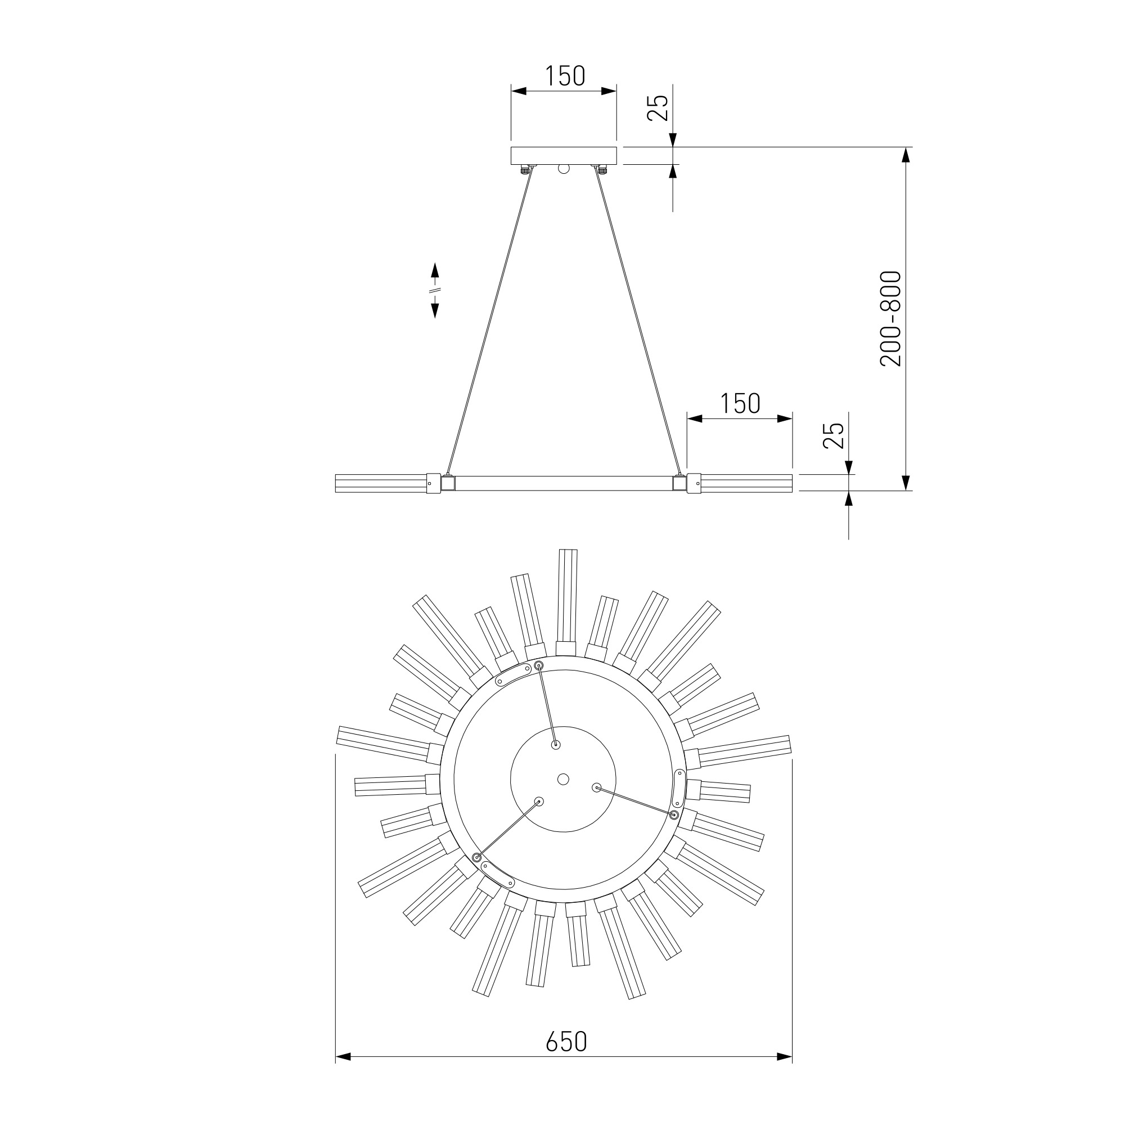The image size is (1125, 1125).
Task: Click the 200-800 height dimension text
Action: (x=890, y=318)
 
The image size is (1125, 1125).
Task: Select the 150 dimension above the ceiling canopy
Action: (x=564, y=76)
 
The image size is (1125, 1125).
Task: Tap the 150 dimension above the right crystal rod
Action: (x=740, y=403)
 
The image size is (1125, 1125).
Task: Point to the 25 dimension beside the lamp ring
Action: (x=833, y=435)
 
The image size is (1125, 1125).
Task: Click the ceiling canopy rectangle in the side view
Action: (x=564, y=155)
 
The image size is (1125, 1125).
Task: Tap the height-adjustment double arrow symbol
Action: (x=435, y=290)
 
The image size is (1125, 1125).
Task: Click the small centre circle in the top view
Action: (x=563, y=779)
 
